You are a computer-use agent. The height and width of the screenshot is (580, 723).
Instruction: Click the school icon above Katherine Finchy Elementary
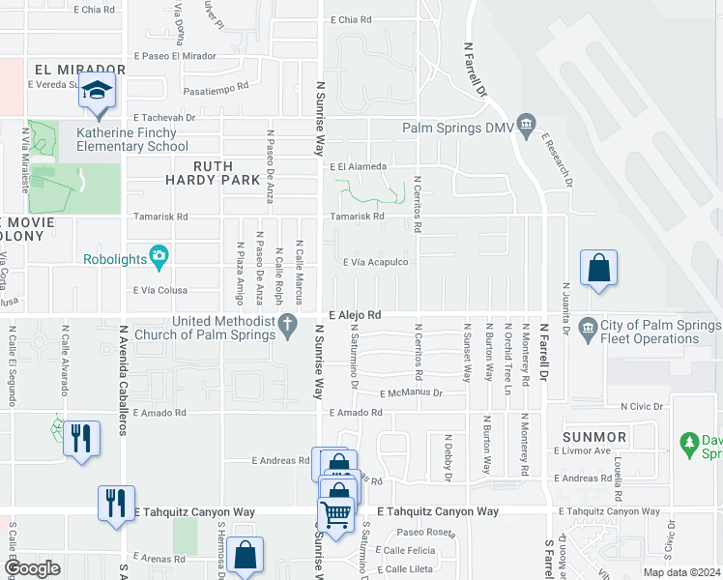(x=97, y=91)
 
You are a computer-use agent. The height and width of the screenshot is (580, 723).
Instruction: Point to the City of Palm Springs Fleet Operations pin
(x=587, y=331)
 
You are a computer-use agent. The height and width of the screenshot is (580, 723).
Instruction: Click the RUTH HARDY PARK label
(x=213, y=173)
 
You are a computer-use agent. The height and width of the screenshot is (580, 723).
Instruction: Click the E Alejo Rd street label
(x=355, y=315)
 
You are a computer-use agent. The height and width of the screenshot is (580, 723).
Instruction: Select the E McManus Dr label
(x=411, y=393)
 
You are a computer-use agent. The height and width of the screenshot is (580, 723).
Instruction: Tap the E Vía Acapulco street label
(x=376, y=262)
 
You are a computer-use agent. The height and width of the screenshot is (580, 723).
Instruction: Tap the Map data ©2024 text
(x=680, y=572)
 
